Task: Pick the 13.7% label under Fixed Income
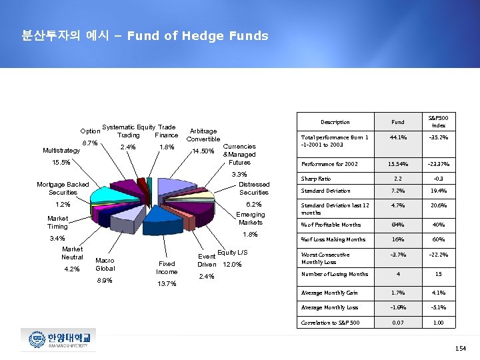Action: coord(167,284)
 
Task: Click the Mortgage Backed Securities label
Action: coord(63,188)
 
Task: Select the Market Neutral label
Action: coord(72,253)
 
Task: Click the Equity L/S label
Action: coord(233,252)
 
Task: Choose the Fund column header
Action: coord(397,122)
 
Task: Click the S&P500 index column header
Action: coord(439,122)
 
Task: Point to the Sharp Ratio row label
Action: coord(316,179)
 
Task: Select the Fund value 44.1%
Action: coord(397,138)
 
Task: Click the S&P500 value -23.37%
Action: coord(439,163)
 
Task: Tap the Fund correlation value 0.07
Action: coord(397,323)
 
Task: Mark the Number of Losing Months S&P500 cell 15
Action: coord(439,274)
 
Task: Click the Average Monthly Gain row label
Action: coord(329,293)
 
